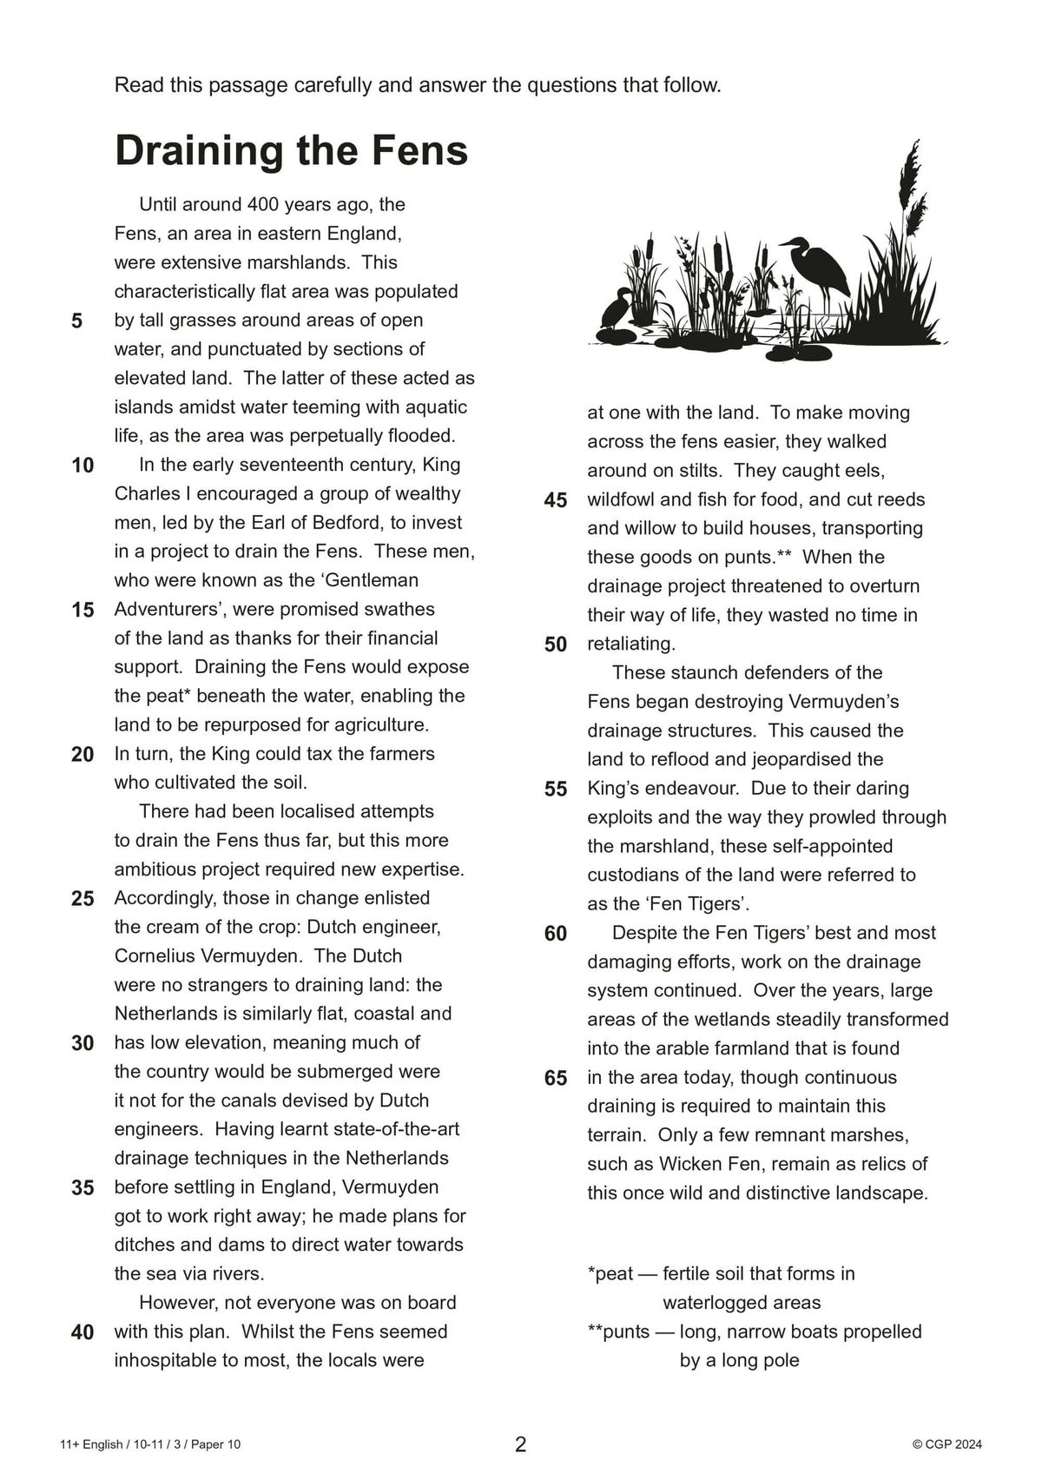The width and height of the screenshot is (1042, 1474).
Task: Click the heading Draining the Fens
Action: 291,150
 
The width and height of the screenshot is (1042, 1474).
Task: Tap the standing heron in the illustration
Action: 821,269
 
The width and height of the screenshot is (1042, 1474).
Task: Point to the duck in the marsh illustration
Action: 617,308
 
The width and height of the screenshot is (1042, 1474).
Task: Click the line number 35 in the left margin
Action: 82,1187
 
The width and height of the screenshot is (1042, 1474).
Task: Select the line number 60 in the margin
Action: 556,934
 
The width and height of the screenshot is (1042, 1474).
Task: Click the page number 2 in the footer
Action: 520,1444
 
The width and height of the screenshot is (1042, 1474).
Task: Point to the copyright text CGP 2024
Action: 947,1444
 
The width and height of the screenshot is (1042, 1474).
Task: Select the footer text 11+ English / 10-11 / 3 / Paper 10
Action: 150,1444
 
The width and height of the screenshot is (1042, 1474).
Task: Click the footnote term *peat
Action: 610,1274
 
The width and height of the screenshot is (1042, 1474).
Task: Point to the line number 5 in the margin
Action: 77,321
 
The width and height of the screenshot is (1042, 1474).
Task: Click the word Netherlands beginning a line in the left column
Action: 168,1014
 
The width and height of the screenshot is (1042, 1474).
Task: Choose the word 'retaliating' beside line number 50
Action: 630,644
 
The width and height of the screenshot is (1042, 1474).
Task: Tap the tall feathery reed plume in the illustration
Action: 909,178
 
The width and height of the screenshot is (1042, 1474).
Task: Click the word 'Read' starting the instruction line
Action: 135,85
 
